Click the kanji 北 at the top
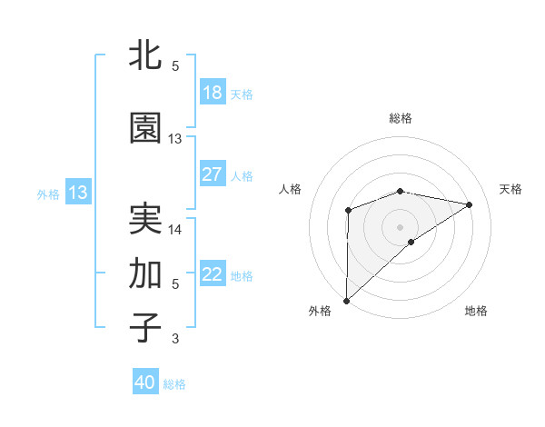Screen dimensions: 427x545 [x=145, y=56]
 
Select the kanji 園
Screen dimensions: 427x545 [x=145, y=129]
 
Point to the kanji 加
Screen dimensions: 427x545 [x=145, y=273]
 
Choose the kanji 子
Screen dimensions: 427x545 [x=145, y=328]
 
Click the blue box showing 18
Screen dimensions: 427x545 [x=212, y=93]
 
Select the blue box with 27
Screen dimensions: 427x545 [x=212, y=174]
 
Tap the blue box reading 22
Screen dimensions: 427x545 [x=212, y=274]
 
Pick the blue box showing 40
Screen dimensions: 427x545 [x=145, y=382]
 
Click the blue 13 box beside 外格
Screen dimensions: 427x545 [x=77, y=193]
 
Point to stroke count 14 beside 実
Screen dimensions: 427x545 [x=175, y=230]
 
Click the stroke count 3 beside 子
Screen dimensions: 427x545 [x=175, y=339]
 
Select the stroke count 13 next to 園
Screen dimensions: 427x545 [x=175, y=139]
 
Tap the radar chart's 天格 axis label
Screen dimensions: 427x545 [x=510, y=189]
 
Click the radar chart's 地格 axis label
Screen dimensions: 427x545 [x=476, y=311]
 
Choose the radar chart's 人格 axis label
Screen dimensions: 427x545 [x=290, y=189]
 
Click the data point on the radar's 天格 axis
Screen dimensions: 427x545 [x=470, y=204]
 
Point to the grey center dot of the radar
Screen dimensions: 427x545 [x=400, y=226]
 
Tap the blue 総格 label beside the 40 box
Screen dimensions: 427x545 [x=174, y=383]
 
